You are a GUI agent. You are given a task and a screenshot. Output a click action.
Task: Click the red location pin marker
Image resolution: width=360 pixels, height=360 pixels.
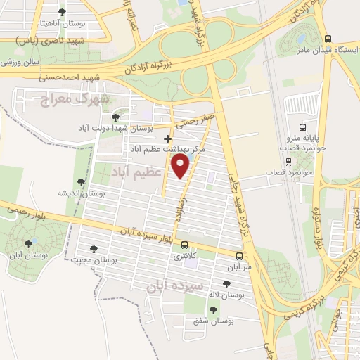(x=181, y=167)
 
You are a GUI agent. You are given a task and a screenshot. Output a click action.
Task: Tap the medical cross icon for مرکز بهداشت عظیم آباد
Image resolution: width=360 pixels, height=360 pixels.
(x=167, y=139)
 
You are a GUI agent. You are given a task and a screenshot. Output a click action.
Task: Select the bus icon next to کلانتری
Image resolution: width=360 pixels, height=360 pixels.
(x=184, y=245)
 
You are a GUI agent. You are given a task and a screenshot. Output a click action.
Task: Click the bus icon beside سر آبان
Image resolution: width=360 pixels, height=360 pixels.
(x=239, y=256)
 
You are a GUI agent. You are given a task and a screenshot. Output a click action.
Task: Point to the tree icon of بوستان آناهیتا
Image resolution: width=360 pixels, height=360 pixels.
(x=61, y=12)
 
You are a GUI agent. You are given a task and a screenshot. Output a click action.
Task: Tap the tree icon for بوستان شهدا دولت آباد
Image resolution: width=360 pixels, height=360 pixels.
(x=115, y=117)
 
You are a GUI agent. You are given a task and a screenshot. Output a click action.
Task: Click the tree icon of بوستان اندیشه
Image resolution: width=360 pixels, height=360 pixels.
(x=82, y=181)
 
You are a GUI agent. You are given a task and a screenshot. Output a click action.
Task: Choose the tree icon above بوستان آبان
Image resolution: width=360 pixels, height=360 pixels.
(x=28, y=244)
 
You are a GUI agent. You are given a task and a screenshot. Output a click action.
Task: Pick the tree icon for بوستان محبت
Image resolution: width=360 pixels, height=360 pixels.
(x=94, y=248)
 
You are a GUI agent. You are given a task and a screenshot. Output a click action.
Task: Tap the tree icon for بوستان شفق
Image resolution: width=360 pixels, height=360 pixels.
(x=213, y=309)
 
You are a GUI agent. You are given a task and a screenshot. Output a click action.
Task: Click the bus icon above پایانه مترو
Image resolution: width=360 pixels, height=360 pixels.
(x=302, y=127)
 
